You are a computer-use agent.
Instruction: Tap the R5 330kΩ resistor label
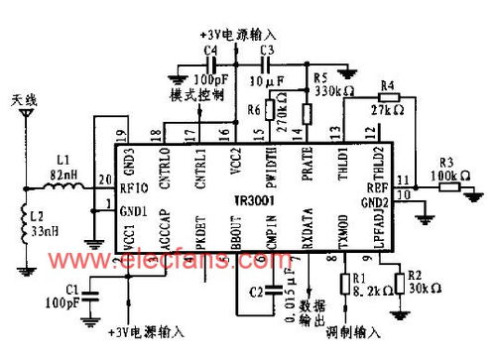click(x=329, y=82)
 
